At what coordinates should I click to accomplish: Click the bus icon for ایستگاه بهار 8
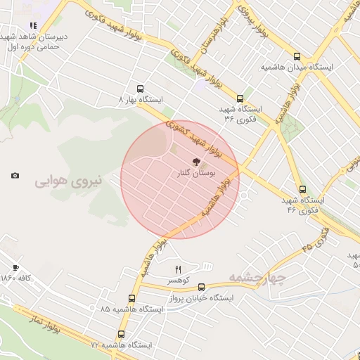(141, 89)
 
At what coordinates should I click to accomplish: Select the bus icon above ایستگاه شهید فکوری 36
(240, 99)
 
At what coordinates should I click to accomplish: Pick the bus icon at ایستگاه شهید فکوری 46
(302, 189)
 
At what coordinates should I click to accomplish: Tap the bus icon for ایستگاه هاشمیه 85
(131, 297)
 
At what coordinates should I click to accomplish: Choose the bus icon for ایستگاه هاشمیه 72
(121, 335)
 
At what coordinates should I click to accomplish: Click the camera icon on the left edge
(15, 175)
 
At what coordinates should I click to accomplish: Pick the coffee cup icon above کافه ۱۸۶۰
(15, 268)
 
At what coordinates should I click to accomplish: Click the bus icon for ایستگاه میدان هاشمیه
(296, 57)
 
